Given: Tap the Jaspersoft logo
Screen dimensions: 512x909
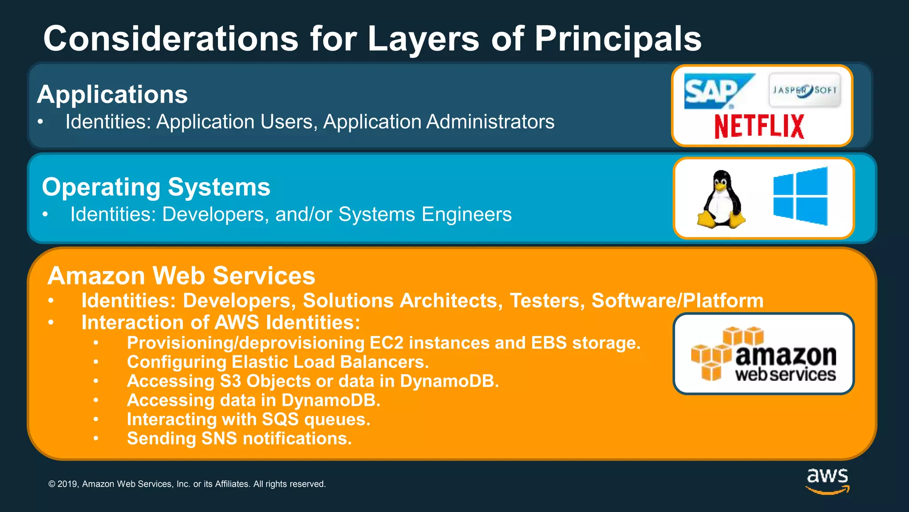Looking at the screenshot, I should click(x=804, y=90).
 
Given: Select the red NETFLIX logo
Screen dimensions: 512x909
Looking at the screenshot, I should click(x=759, y=126).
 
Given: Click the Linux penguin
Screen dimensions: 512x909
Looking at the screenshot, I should click(x=721, y=199).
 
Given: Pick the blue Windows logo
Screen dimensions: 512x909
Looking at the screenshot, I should click(x=800, y=196).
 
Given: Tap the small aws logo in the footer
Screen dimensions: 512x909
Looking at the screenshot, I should click(x=827, y=480).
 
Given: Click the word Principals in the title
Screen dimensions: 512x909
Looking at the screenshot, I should click(x=617, y=39).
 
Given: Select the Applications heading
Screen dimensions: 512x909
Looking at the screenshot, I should click(x=112, y=94).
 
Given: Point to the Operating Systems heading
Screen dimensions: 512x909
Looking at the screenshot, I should click(x=156, y=187).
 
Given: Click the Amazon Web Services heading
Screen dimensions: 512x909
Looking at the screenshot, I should click(x=181, y=276).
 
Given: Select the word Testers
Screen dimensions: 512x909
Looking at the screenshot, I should click(x=545, y=300).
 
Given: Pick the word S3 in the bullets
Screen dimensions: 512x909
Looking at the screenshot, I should click(x=230, y=381).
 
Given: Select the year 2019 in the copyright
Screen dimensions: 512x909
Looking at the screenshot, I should click(x=68, y=484).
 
